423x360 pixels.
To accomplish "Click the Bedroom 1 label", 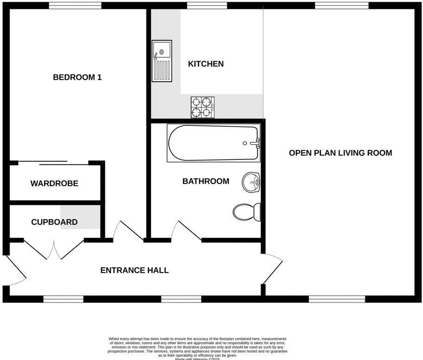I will pos(77,77).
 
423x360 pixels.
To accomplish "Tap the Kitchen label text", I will pos(205,64).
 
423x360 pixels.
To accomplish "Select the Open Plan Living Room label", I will pos(340,153).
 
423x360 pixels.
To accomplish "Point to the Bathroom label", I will pos(205,181).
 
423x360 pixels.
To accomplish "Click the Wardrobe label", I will pos(54,183).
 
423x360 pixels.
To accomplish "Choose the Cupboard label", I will pos(54,222).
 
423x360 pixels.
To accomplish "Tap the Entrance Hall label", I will pos(135,270).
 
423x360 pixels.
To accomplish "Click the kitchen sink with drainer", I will pos(162,61).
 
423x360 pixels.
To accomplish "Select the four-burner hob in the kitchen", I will pos(203,107).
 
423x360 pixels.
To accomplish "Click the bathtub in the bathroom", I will pos(213,143).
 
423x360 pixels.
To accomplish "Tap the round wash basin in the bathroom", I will pos(251,183).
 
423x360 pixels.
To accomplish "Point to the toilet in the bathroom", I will pos(247,212).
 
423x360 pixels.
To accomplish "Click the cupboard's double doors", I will pos(54,250).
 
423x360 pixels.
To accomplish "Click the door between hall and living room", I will pos(273,268).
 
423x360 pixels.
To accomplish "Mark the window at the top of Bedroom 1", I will pos(75,6).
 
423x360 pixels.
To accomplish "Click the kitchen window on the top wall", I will pos(207,6).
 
